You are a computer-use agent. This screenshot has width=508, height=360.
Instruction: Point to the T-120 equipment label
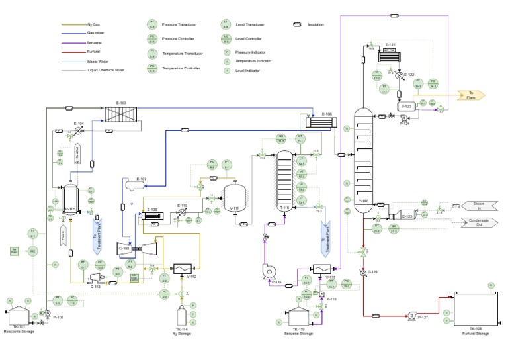coord(362,201)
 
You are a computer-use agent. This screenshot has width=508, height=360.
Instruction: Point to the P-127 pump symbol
coord(412,316)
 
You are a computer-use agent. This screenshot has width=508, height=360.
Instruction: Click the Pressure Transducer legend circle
coord(153,24)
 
